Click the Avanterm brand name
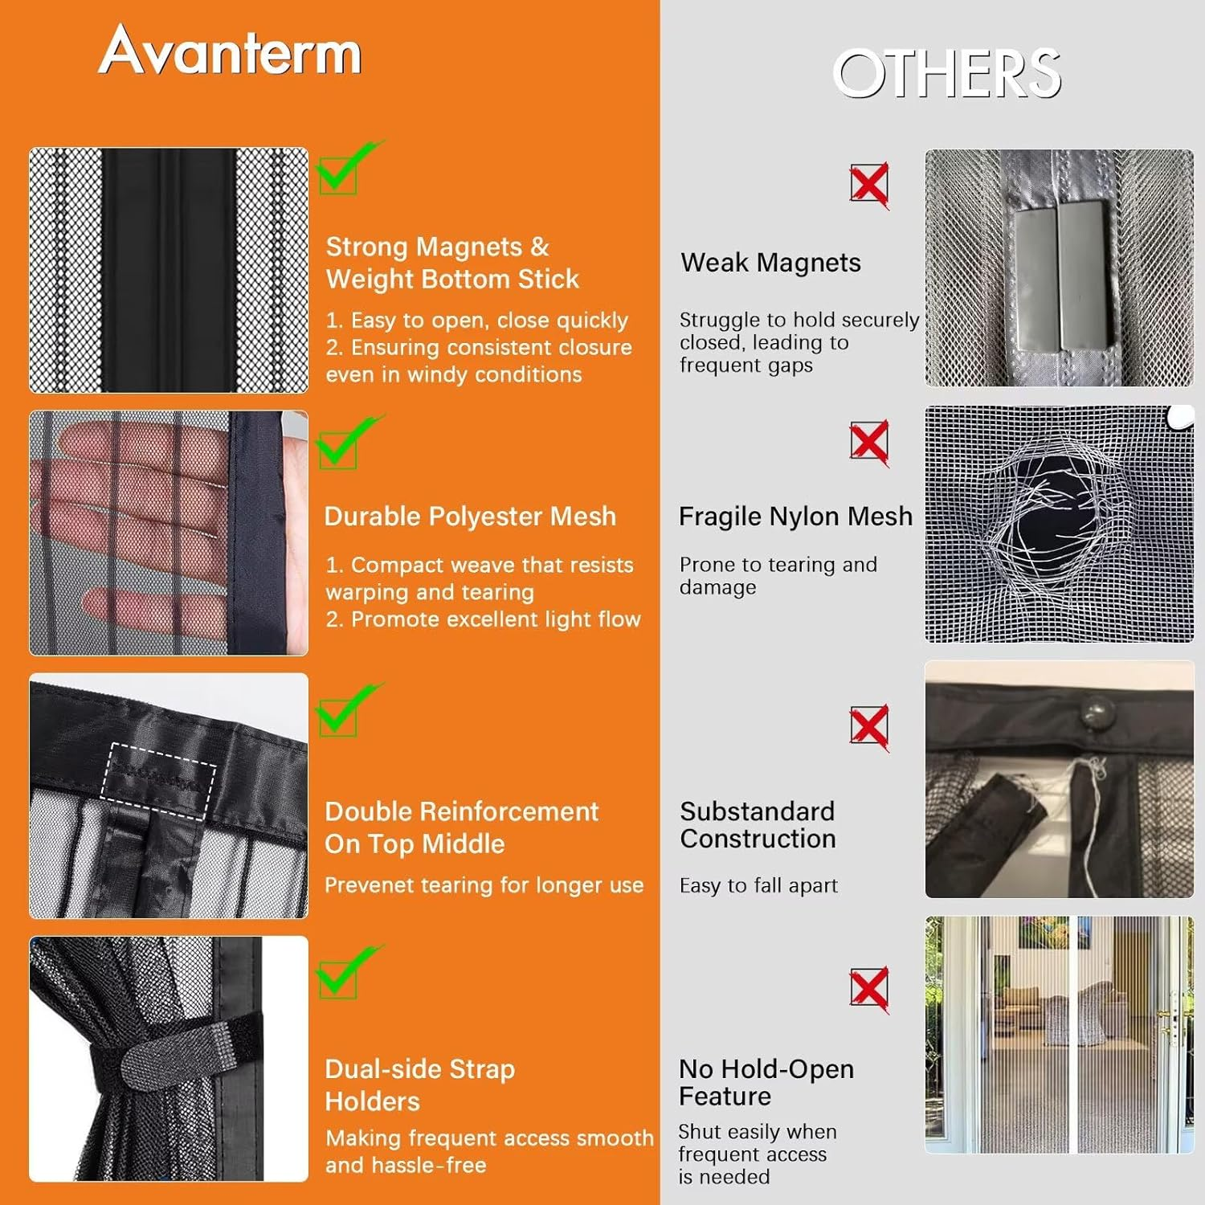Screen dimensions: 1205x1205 click(x=230, y=51)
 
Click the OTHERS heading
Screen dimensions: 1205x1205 click(x=946, y=73)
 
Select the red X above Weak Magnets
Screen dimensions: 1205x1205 click(x=869, y=185)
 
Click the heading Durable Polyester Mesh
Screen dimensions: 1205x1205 click(x=470, y=516)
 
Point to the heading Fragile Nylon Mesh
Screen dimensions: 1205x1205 click(x=795, y=516)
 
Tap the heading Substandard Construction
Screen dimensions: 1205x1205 click(x=758, y=825)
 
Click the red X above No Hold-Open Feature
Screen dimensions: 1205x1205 click(x=869, y=989)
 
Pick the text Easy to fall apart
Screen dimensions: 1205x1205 click(x=758, y=885)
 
